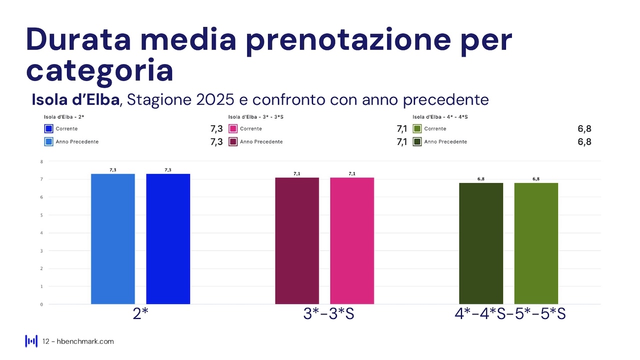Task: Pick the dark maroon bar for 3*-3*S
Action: coord(297,240)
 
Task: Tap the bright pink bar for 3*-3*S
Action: coord(352,240)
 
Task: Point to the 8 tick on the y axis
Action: coord(41,161)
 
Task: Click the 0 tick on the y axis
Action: coord(41,304)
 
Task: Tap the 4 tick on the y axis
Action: coord(41,233)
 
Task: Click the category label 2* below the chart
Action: coord(141,314)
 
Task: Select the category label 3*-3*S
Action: coord(328,314)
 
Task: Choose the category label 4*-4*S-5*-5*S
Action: coord(509,314)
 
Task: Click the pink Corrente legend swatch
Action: coord(233,129)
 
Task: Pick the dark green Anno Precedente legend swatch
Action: coord(417,142)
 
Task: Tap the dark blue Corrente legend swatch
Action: coord(48,129)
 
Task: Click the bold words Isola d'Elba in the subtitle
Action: coord(75,99)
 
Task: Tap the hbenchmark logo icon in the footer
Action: coord(31,341)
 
